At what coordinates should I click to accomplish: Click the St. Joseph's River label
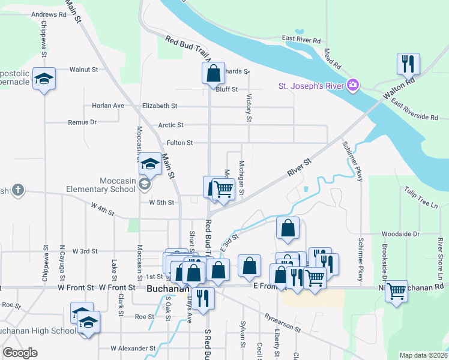(310, 86)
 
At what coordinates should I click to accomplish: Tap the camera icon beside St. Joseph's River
(354, 85)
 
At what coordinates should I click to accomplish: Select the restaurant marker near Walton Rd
(408, 64)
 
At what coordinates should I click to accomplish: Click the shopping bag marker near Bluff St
(213, 73)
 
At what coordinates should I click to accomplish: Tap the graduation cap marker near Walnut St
(44, 80)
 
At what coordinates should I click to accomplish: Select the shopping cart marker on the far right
(396, 292)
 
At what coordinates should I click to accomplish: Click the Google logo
(20, 353)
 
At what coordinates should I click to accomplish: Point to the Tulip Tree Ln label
(421, 197)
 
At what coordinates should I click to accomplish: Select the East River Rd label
(304, 38)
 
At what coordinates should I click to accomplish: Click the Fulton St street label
(179, 143)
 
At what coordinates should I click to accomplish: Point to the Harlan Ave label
(108, 106)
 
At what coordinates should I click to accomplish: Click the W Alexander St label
(133, 348)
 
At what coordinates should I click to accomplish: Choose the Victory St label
(248, 107)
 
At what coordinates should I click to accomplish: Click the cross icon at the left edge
(18, 190)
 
